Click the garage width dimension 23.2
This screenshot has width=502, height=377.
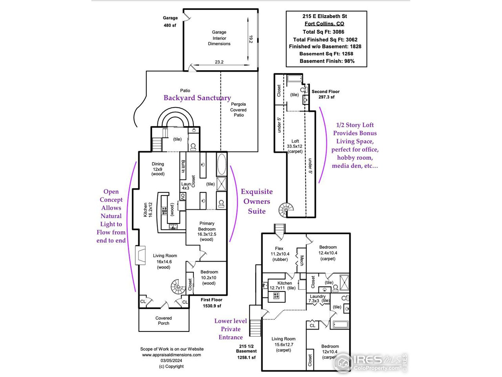(219, 62)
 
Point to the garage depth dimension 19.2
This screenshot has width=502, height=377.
(251, 39)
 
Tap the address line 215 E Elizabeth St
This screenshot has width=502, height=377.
(324, 16)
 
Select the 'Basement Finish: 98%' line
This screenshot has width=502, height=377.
(327, 61)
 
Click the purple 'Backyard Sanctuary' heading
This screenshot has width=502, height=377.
(197, 98)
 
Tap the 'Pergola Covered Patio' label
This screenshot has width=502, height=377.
(238, 110)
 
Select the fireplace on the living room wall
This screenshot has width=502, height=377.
(140, 255)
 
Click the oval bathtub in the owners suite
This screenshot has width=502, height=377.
(221, 165)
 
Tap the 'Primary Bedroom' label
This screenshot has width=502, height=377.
(207, 226)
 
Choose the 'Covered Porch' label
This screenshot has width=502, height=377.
(164, 320)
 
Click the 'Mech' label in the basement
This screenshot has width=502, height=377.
(302, 261)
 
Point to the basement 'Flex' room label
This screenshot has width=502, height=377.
(279, 248)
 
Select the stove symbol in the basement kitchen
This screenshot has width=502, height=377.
(276, 296)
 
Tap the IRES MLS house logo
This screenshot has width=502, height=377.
(343, 362)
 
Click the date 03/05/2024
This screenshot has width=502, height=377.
(171, 361)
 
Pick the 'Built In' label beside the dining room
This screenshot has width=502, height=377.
(183, 166)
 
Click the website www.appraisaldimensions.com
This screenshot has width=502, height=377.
(171, 355)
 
